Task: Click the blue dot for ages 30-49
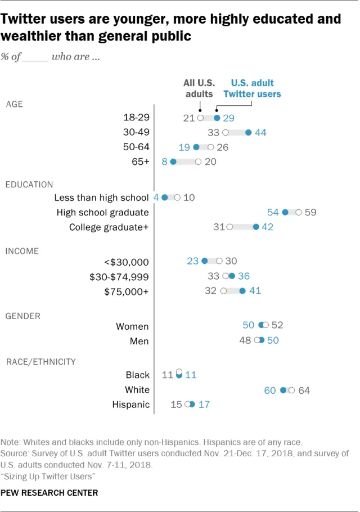(248, 133)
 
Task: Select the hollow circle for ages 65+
(198, 162)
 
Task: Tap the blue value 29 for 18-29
(229, 118)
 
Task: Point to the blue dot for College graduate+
(256, 227)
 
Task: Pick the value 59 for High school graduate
(310, 213)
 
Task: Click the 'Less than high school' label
(102, 198)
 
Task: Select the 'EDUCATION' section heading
(29, 184)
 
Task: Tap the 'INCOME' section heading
(23, 250)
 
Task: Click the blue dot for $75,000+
(242, 291)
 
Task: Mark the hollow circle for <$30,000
(219, 261)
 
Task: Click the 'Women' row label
(132, 326)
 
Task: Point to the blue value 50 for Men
(272, 340)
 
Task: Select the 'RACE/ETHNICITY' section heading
(40, 361)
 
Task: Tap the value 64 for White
(304, 390)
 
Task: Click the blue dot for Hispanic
(192, 405)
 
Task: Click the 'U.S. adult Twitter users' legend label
(252, 88)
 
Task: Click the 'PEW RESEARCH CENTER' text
(49, 493)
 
